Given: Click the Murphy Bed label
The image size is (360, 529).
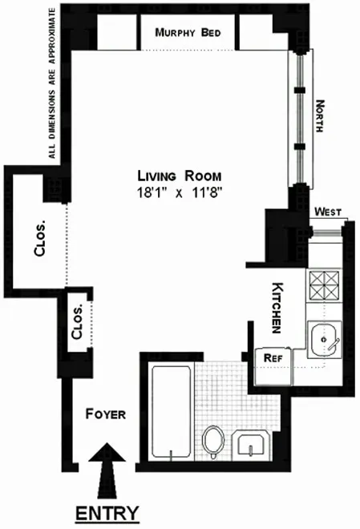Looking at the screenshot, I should (189, 33).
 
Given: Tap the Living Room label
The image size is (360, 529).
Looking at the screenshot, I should (178, 176).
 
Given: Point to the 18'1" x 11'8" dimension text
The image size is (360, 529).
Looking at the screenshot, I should (178, 192).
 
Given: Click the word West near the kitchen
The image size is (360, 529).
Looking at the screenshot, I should (327, 212).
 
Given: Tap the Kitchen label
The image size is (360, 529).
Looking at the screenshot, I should (278, 307).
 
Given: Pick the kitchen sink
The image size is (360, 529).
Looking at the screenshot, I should (325, 340).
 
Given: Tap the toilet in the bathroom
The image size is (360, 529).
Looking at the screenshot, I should (214, 442).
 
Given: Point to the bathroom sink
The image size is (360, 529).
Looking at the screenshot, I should (253, 443).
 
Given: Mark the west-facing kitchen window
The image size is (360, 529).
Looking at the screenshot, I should (327, 226).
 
